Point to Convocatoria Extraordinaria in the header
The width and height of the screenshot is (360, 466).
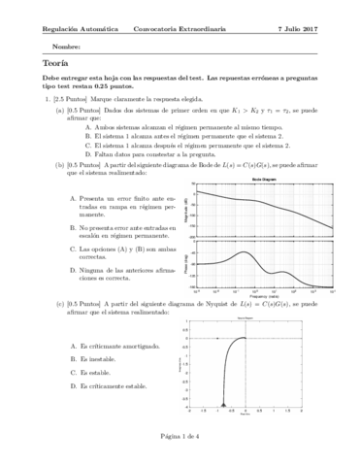(181, 29)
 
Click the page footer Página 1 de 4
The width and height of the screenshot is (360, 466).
(180, 437)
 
